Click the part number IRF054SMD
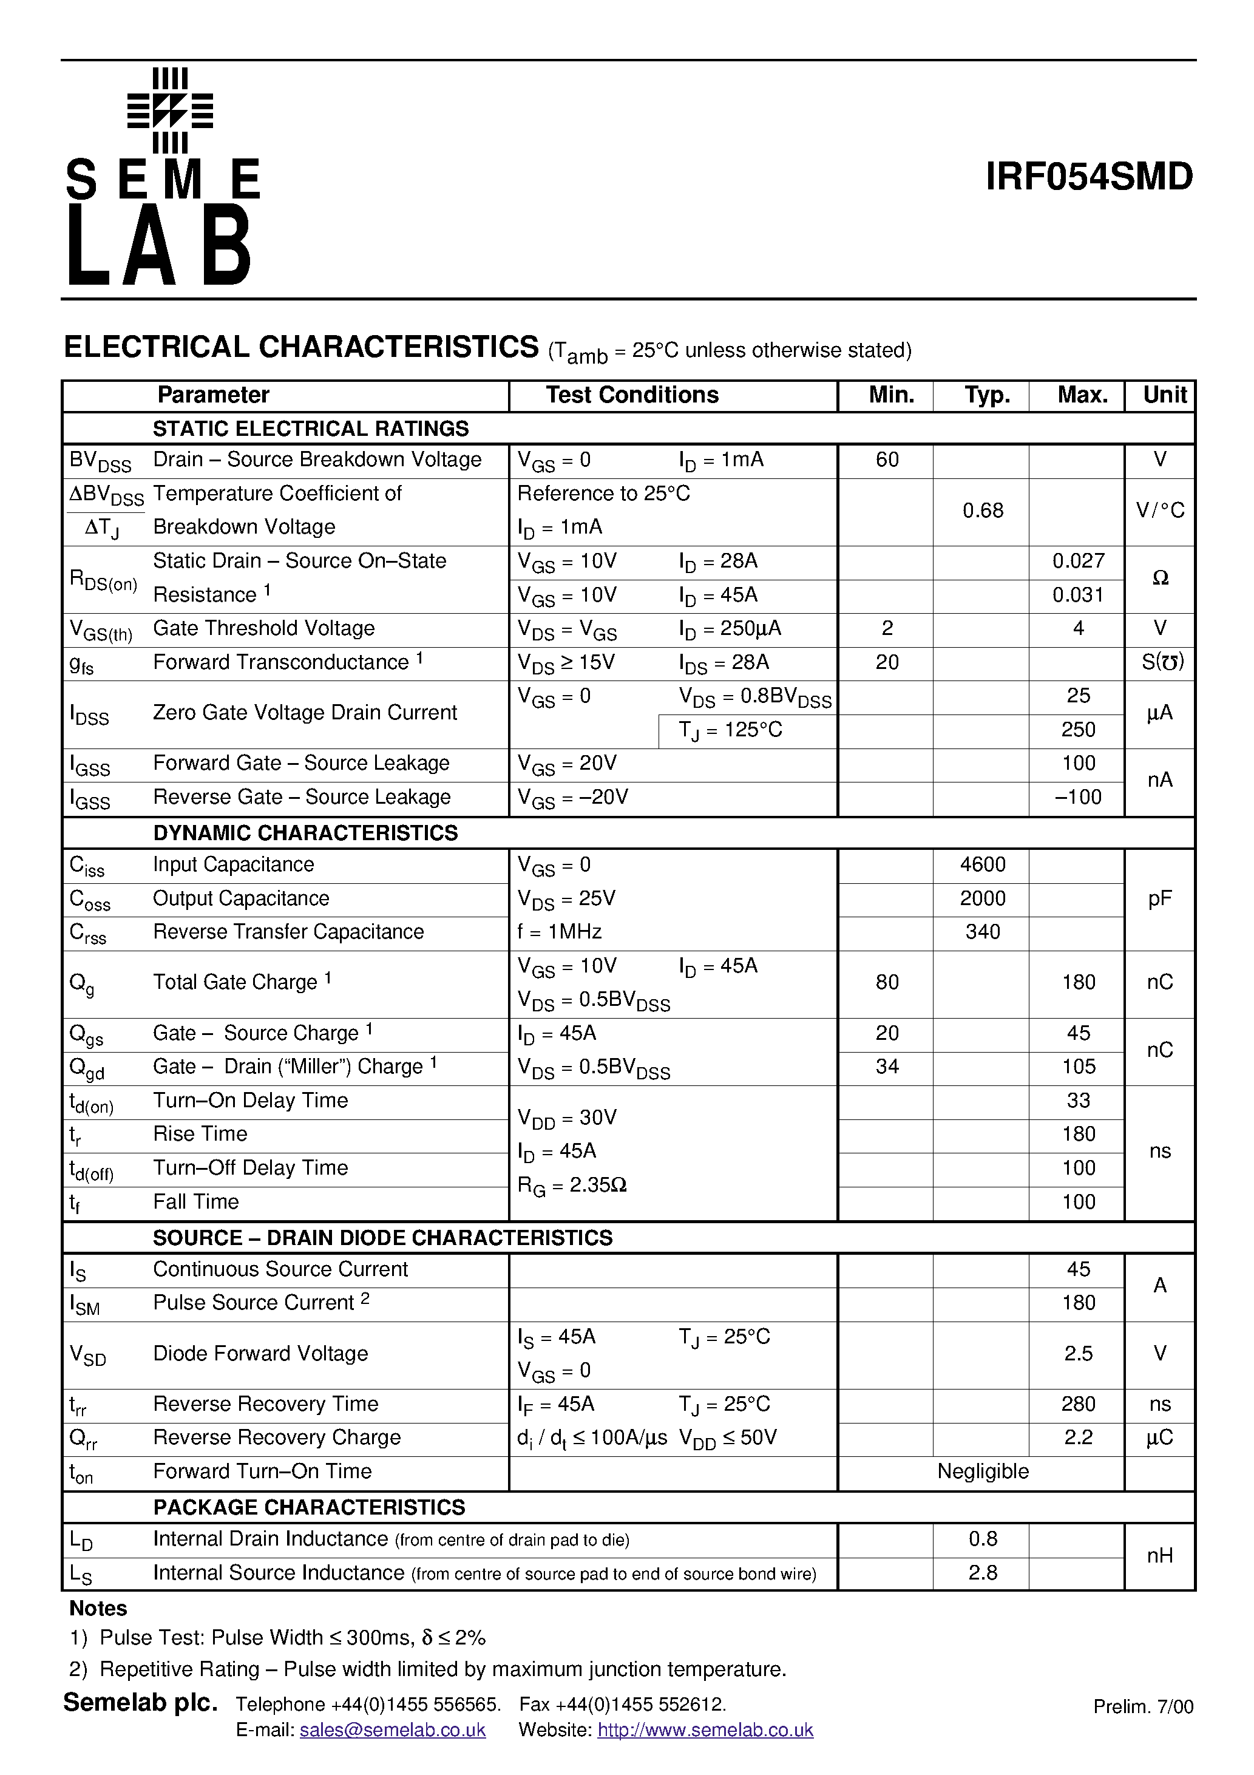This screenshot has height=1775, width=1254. coord(1088,177)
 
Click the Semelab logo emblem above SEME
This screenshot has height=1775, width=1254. coord(169,110)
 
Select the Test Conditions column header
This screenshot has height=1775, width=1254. coord(632,395)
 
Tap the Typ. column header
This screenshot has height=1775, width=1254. coord(986,395)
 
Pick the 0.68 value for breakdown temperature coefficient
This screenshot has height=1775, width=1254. coord(982,511)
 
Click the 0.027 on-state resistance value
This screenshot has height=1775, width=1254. coord(1078,560)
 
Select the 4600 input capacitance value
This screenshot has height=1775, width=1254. coord(982,864)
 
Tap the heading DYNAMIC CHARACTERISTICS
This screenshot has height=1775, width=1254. coord(305,833)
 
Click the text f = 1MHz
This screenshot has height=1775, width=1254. coord(559,932)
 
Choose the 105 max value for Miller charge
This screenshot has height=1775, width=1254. coord(1078,1066)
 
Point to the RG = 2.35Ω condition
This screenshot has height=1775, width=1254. coord(571,1185)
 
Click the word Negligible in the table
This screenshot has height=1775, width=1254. coord(982,1471)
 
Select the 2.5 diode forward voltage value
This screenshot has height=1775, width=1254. coord(1078,1353)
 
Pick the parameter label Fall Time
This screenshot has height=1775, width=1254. coord(195,1201)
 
